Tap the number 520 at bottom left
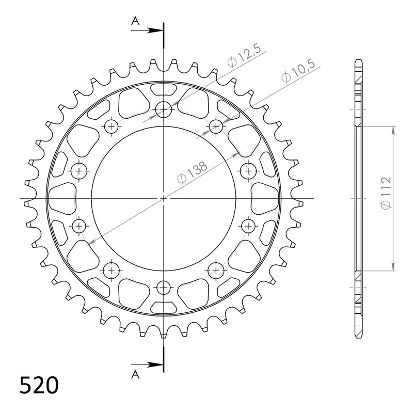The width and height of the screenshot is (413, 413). click(39, 386)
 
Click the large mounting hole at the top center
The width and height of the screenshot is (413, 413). click(164, 109)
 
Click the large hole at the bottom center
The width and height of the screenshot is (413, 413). click(164, 287)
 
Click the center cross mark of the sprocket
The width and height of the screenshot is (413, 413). click(164, 198)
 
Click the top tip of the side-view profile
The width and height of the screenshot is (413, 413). click(358, 61)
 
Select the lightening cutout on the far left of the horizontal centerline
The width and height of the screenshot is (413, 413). click(61, 198)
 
